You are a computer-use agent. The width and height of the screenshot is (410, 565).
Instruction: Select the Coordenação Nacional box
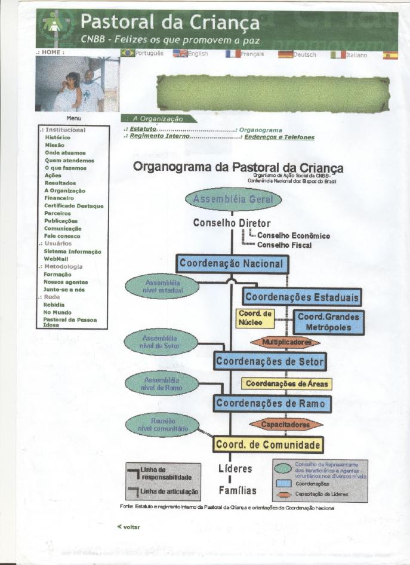233,264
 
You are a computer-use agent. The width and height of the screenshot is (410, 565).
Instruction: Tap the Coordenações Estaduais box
302,297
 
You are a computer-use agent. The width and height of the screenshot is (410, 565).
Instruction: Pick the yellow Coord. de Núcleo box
255,318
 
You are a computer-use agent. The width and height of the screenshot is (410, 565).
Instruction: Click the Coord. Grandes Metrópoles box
329,322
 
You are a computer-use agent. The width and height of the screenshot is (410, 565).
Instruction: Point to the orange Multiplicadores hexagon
285,343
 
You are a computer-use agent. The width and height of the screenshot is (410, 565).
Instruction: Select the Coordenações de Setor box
270,361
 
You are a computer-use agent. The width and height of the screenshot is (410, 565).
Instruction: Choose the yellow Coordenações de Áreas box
286,383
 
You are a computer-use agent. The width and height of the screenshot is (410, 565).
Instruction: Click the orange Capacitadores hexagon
285,425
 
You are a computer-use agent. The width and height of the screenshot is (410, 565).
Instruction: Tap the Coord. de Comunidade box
268,445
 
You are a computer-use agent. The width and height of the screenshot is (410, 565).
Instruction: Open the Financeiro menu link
59,198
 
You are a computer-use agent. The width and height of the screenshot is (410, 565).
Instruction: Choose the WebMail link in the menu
56,259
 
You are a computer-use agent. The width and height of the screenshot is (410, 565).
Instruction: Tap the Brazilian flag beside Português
127,54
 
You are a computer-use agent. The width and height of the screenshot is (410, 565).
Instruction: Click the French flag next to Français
233,54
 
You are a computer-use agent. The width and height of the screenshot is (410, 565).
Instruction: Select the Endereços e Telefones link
279,137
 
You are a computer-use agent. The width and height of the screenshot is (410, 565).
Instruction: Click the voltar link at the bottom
131,527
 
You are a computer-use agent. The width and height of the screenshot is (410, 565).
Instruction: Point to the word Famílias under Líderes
237,491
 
